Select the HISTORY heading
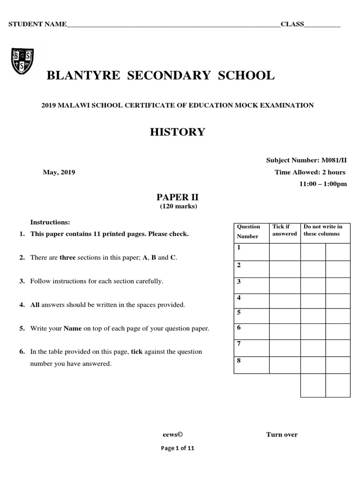click(x=177, y=132)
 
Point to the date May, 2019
click(x=59, y=172)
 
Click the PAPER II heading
click(x=177, y=197)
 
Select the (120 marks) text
click(x=177, y=206)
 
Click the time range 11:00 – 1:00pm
click(x=323, y=184)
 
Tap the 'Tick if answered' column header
click(x=285, y=230)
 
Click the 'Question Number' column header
click(x=248, y=231)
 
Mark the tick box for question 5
click(x=284, y=316)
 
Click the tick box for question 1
click(x=284, y=252)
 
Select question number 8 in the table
click(x=239, y=360)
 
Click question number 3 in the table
click(x=239, y=281)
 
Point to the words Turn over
click(x=282, y=435)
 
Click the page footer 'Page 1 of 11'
click(x=177, y=448)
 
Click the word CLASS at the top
click(x=292, y=24)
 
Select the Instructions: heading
click(x=50, y=222)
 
